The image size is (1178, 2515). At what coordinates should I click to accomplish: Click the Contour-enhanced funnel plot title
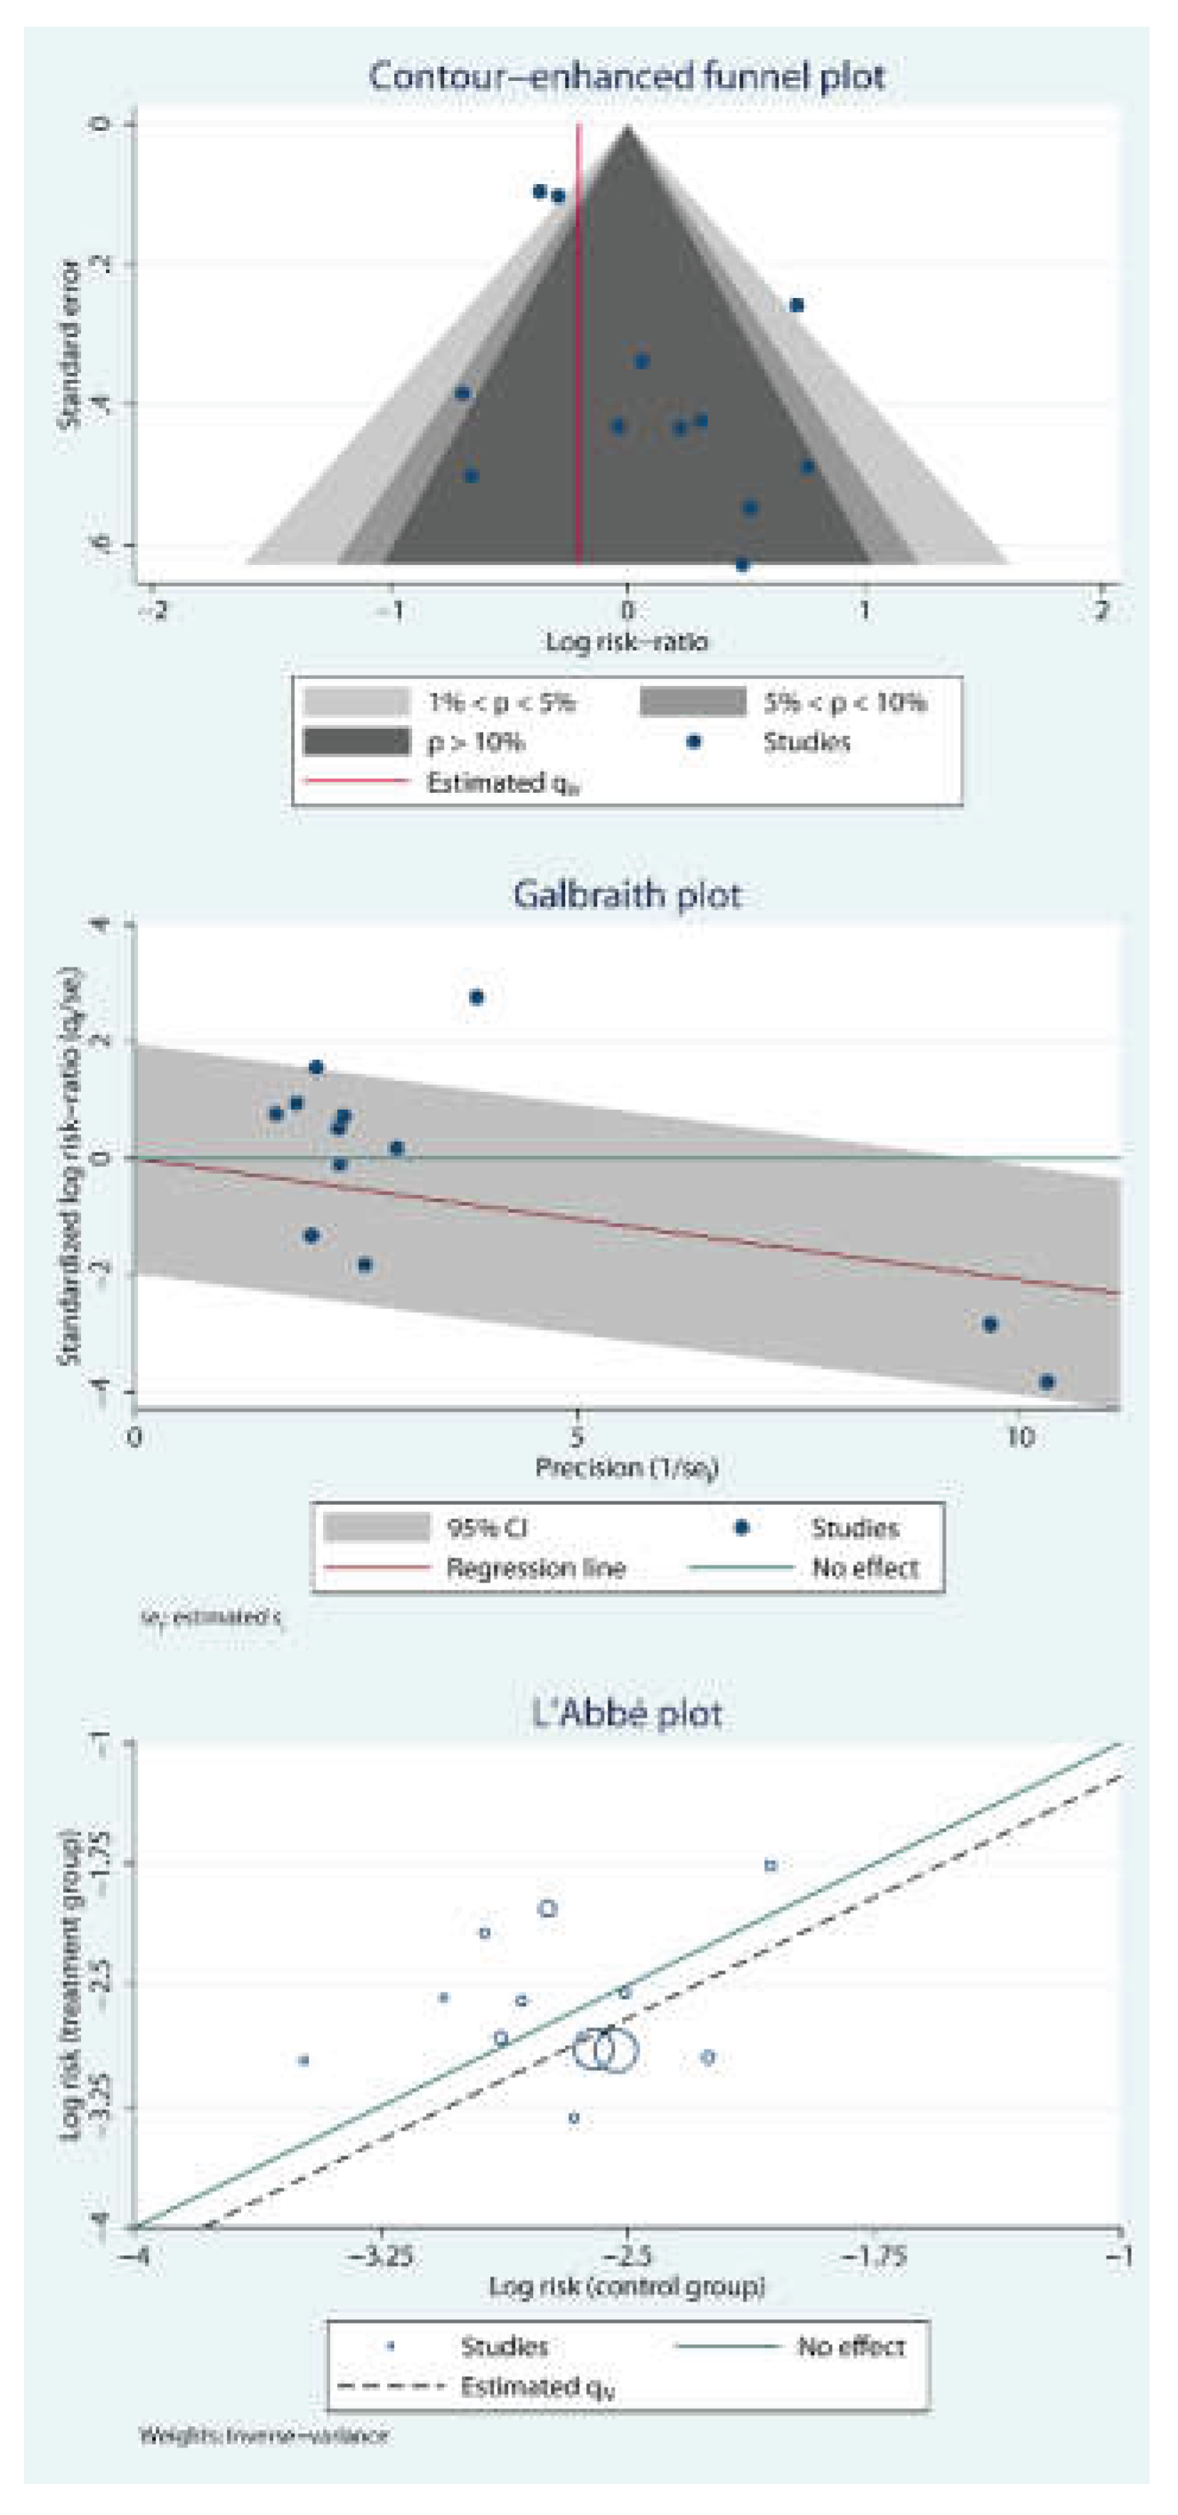[x=625, y=77]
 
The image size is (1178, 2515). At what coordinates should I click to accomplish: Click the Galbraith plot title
[x=625, y=894]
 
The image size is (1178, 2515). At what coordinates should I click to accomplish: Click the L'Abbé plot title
[x=625, y=1713]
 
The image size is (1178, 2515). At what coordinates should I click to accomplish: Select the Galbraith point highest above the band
[x=476, y=997]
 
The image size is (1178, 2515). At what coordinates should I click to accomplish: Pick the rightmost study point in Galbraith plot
[x=1047, y=1381]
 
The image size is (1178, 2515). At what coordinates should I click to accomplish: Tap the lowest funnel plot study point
[x=742, y=564]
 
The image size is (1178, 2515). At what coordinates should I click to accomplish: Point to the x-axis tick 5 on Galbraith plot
[x=577, y=1436]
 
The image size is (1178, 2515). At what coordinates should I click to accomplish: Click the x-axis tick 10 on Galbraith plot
[x=1019, y=1436]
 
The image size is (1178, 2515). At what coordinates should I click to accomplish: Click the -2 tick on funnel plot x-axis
[x=153, y=611]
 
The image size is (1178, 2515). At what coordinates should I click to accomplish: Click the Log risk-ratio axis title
[x=625, y=642]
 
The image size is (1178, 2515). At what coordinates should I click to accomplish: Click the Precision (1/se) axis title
[x=625, y=1468]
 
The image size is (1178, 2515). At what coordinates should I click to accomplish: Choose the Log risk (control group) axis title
[x=625, y=2286]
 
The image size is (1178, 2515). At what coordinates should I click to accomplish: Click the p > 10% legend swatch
[x=356, y=742]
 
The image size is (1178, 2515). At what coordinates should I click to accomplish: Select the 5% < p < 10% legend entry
[x=843, y=702]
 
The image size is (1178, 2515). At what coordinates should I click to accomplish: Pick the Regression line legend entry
[x=535, y=1568]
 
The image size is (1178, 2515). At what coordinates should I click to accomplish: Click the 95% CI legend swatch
[x=375, y=1527]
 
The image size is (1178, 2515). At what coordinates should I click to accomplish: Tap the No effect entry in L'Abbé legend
[x=850, y=2346]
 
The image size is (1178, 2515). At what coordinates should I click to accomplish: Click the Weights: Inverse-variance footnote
[x=263, y=2435]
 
